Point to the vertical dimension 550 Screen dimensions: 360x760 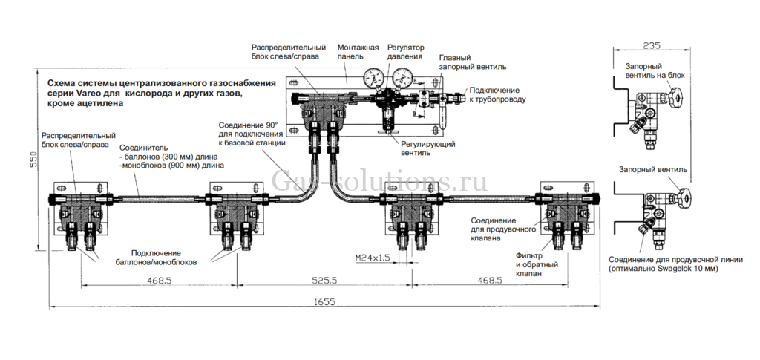33,161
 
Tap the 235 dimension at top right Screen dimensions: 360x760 651,45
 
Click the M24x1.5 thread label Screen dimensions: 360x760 372,258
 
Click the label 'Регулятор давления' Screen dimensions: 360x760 405,51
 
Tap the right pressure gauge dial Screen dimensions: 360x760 404,76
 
